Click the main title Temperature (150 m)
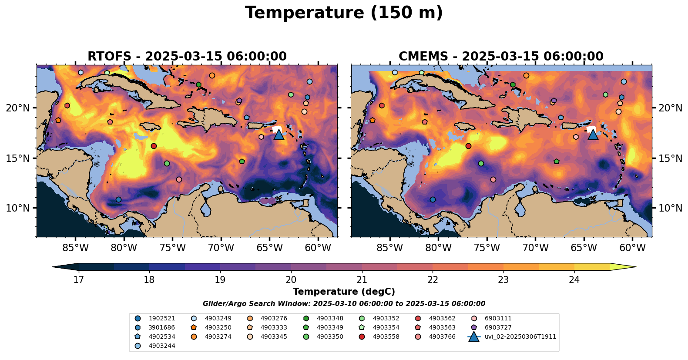344,13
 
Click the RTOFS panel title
187,57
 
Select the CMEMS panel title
501,57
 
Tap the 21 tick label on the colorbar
362,279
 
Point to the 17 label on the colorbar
78,279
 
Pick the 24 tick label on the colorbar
574,279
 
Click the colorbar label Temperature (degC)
344,292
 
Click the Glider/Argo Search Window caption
344,304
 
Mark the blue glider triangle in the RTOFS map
279,135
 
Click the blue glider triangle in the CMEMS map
593,135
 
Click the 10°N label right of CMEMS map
670,208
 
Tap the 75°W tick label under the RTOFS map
173,248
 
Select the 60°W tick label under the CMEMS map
632,248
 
